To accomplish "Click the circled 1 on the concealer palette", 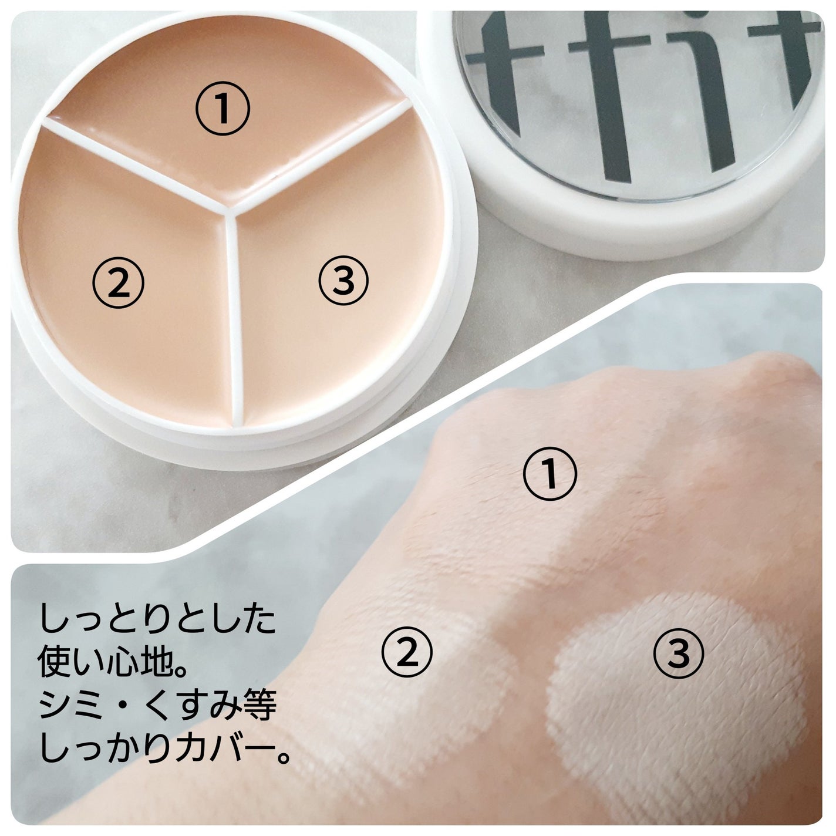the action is (223, 109).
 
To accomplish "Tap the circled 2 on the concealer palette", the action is (118, 283).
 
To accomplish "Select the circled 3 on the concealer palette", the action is (343, 280).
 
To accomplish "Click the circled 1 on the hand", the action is (550, 473).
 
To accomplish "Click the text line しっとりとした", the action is (157, 619).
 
